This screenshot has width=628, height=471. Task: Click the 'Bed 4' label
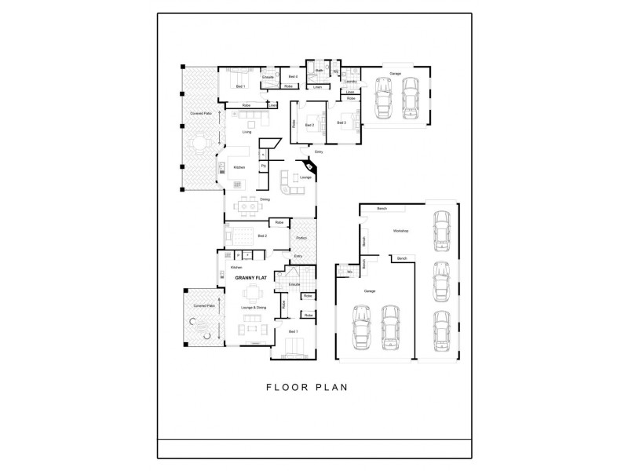[x=292, y=76]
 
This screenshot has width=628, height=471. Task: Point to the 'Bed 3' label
[x=341, y=122]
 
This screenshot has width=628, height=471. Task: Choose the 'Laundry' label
[x=350, y=81]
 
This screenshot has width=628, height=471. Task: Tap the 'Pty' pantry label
[x=263, y=166]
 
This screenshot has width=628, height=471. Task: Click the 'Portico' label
[x=301, y=238]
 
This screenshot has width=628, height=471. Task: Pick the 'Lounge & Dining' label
[x=253, y=308]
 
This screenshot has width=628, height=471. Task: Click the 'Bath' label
[x=320, y=71]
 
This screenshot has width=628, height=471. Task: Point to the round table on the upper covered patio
[x=200, y=144]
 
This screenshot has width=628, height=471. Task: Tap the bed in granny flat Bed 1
[x=294, y=346]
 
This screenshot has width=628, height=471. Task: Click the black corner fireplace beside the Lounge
[x=311, y=166]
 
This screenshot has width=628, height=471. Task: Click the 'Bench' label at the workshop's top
[x=382, y=209]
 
